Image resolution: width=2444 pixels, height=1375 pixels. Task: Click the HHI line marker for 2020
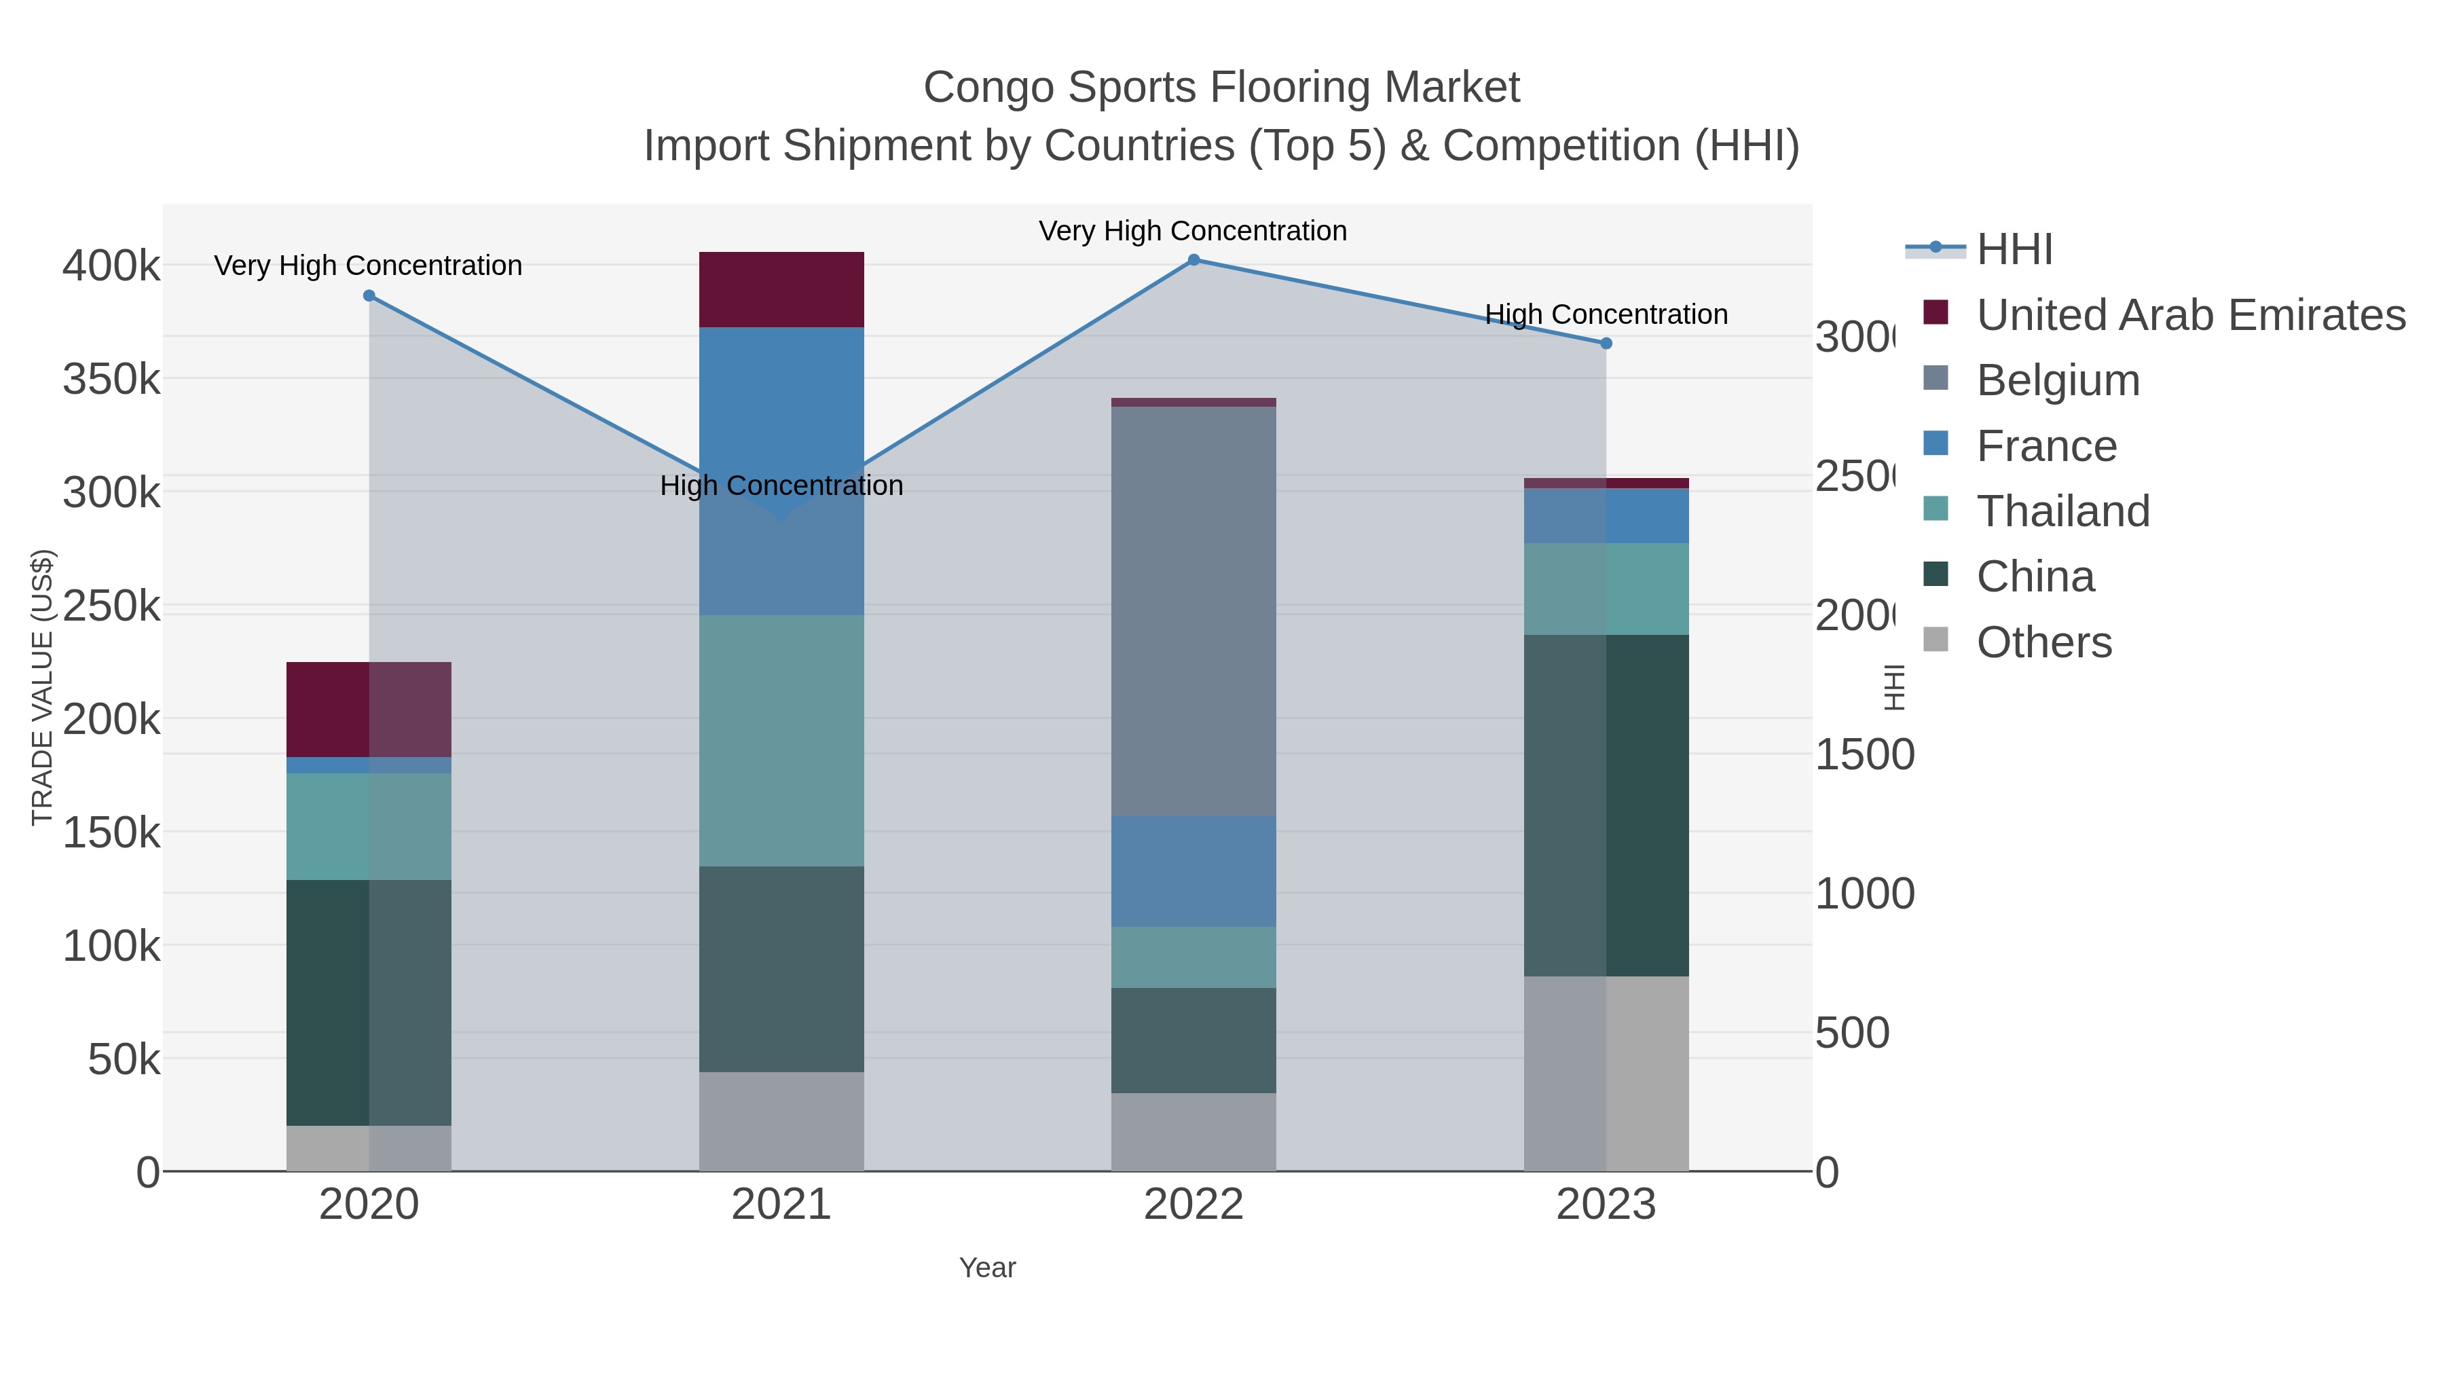click(x=369, y=296)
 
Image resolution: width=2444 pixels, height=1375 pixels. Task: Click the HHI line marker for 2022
click(x=1193, y=260)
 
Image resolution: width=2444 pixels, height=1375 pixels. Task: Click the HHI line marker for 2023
click(x=1606, y=344)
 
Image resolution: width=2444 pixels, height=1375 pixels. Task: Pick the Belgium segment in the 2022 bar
click(x=1193, y=611)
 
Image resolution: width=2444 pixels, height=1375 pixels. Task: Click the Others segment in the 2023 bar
click(x=1606, y=1074)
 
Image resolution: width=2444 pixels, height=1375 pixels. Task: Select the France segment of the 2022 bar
click(x=1193, y=871)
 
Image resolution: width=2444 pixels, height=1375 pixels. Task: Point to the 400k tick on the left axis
click(x=111, y=265)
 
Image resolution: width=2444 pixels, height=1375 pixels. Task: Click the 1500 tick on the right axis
click(x=1864, y=755)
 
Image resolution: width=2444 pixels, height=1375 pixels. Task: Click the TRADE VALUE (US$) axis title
click(x=43, y=687)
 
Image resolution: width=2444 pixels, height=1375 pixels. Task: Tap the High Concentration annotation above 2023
click(x=1606, y=314)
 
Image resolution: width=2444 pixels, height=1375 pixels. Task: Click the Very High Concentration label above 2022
click(x=1193, y=231)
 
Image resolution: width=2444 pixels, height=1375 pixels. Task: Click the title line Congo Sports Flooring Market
click(x=1221, y=88)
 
